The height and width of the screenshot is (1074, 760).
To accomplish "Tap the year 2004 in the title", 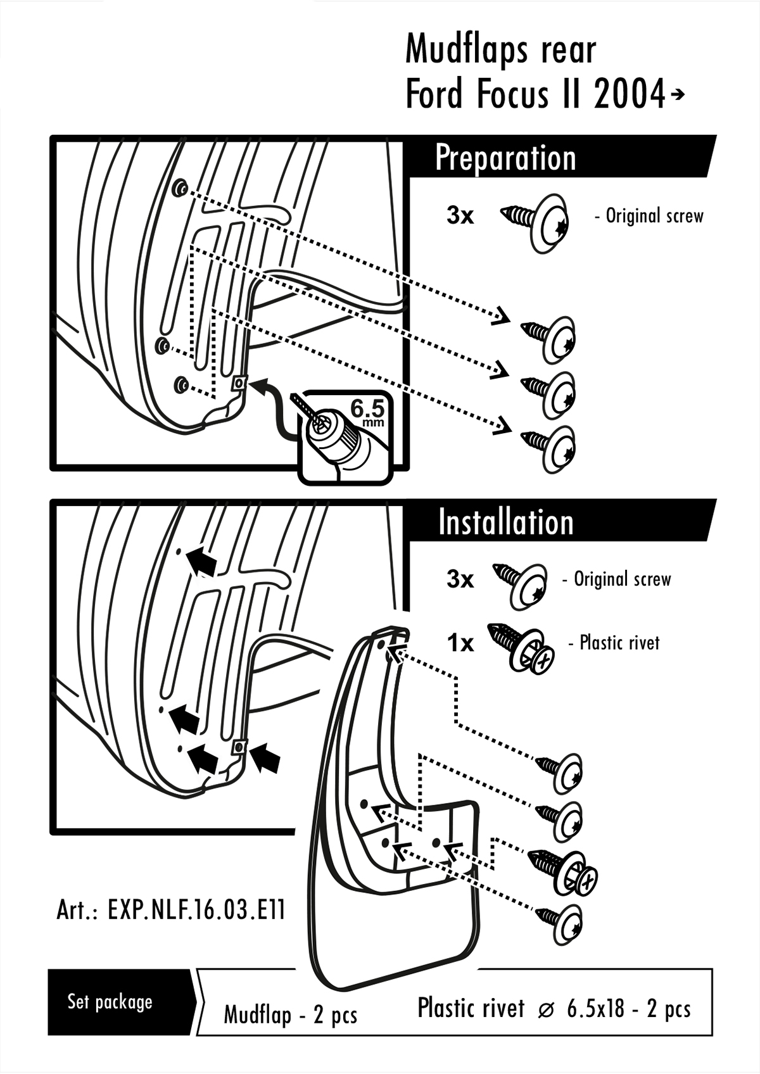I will (630, 95).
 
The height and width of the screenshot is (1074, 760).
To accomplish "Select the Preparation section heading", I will (505, 158).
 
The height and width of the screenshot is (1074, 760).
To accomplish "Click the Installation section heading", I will (505, 522).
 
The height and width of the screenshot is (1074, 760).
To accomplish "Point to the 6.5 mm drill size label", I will (368, 412).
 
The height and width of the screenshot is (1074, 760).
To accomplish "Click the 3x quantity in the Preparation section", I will (460, 216).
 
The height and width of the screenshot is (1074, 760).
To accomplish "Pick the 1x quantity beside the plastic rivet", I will (460, 643).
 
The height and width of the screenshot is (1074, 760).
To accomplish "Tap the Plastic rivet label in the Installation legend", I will (619, 643).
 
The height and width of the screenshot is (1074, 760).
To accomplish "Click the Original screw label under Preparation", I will (654, 216).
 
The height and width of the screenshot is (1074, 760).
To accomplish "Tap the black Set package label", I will (110, 1002).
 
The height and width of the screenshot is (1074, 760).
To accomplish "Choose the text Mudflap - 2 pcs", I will (290, 1015).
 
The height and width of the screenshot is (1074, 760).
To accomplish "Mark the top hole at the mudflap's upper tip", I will (382, 641).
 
